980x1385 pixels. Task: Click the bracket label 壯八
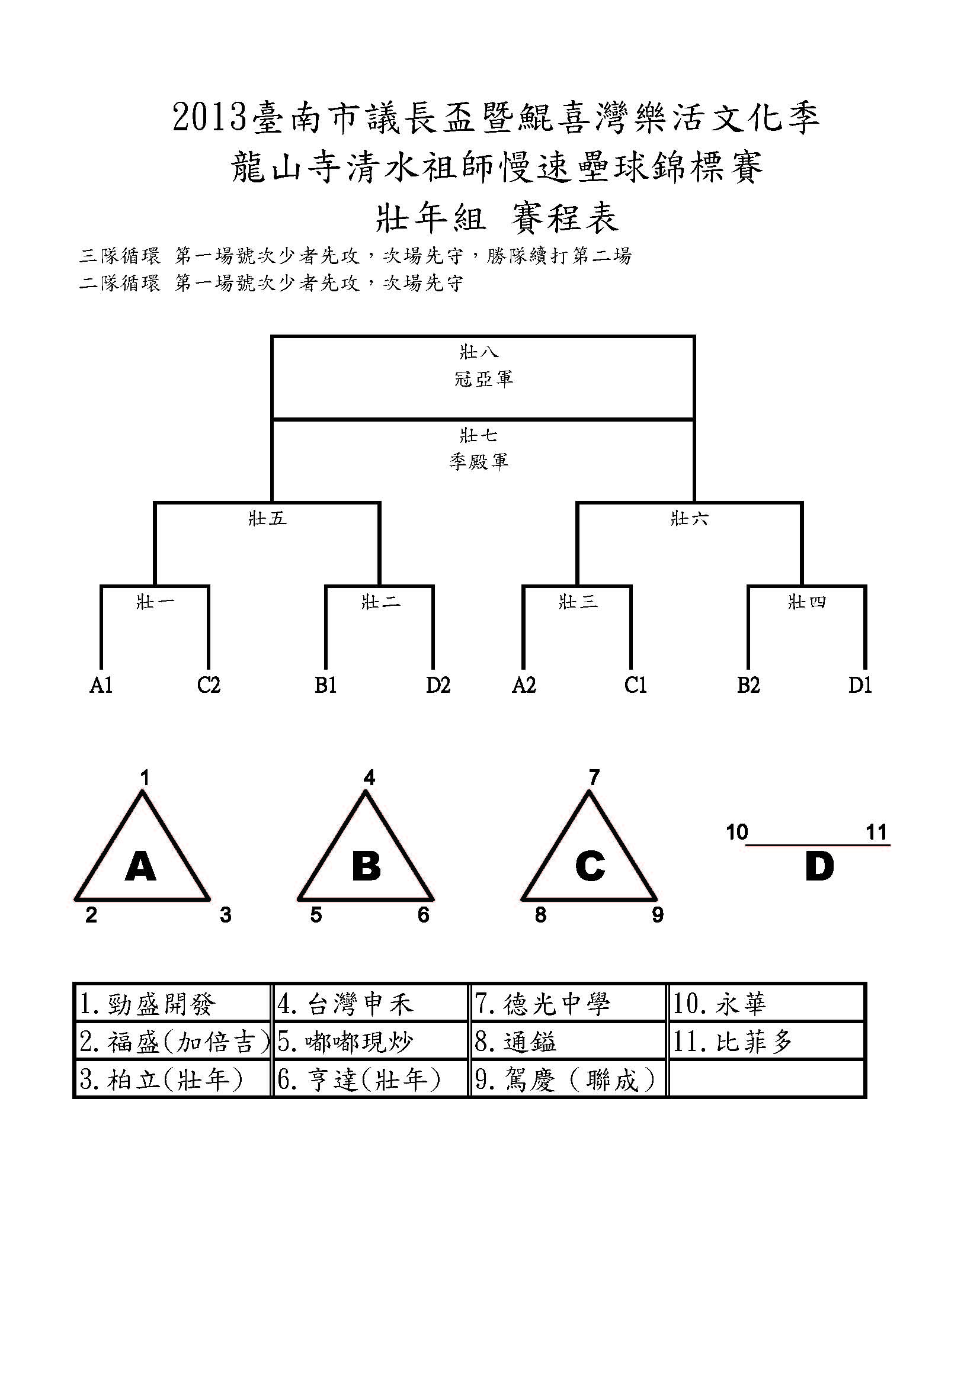click(x=479, y=352)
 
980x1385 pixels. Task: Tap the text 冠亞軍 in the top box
click(x=483, y=379)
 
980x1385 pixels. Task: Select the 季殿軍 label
click(x=479, y=462)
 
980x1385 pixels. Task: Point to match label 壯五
click(x=267, y=519)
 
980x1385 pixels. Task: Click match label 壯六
click(x=689, y=519)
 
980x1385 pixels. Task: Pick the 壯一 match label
click(x=155, y=602)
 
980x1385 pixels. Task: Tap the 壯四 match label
click(x=807, y=602)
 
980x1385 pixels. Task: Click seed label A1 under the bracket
click(x=101, y=686)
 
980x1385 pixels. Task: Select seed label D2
click(x=438, y=686)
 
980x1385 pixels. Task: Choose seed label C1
click(x=635, y=686)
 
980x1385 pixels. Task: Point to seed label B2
click(x=748, y=686)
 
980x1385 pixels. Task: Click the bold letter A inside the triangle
click(x=140, y=867)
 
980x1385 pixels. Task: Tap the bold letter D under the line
click(x=819, y=867)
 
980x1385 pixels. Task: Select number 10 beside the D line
click(x=737, y=833)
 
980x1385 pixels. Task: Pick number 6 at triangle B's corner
click(x=424, y=915)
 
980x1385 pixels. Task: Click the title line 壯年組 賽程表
click(x=497, y=218)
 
